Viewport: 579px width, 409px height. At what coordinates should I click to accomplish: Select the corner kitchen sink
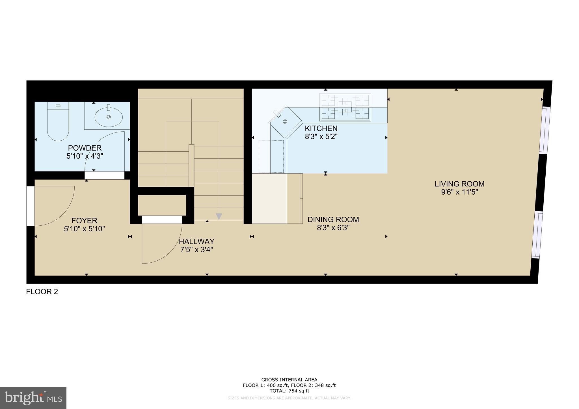285,121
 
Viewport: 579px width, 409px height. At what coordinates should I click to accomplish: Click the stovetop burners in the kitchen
345,107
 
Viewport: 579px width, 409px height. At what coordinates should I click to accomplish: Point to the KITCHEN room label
321,129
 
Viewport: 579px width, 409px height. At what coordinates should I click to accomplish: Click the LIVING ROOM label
459,184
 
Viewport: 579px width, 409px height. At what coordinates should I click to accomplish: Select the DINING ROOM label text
333,219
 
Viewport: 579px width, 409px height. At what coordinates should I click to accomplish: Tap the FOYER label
84,221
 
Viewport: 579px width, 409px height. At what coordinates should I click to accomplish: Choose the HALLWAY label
196,242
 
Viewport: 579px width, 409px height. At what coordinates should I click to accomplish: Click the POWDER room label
85,148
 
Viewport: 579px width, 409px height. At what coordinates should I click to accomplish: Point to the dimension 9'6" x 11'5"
459,192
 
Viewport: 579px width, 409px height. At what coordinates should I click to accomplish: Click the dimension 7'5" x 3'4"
196,250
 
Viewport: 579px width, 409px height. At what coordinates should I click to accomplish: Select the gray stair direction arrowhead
219,216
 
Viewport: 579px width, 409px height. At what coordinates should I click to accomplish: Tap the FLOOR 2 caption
42,292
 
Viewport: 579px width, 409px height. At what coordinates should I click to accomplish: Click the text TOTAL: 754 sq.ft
289,391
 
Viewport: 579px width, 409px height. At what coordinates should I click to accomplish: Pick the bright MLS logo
33,398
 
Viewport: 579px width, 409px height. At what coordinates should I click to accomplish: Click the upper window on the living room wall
545,130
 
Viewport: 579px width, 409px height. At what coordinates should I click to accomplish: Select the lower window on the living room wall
537,235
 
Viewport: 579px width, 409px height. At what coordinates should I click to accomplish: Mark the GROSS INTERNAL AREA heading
289,380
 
